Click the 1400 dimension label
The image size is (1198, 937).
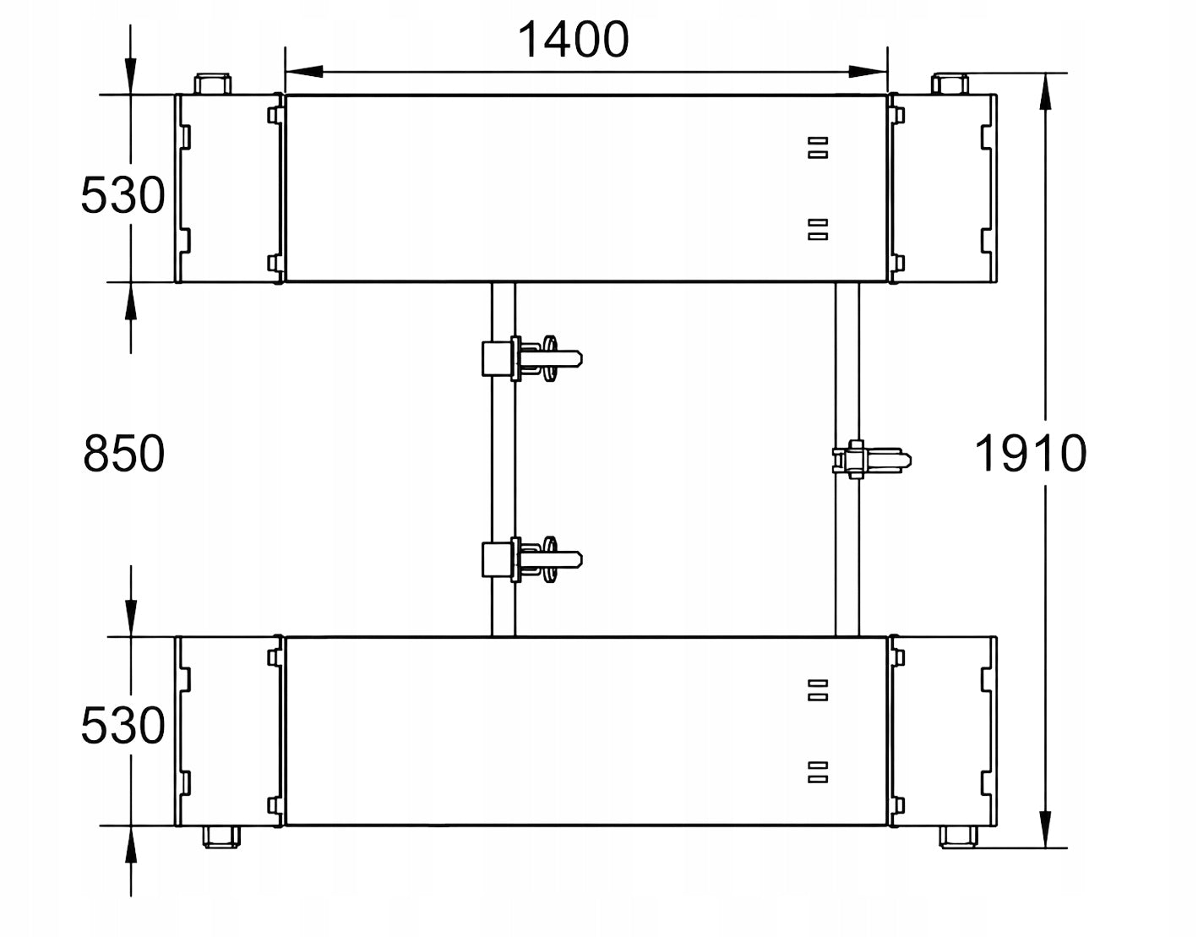pyautogui.click(x=574, y=39)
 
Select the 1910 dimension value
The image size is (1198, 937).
pyautogui.click(x=1031, y=454)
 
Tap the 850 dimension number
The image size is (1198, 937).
pyautogui.click(x=124, y=454)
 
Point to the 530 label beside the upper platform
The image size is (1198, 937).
pyautogui.click(x=123, y=195)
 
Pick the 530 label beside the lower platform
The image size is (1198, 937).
pyautogui.click(x=123, y=726)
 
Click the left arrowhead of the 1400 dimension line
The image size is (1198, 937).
pyautogui.click(x=304, y=71)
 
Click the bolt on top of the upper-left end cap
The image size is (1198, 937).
pyautogui.click(x=213, y=84)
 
